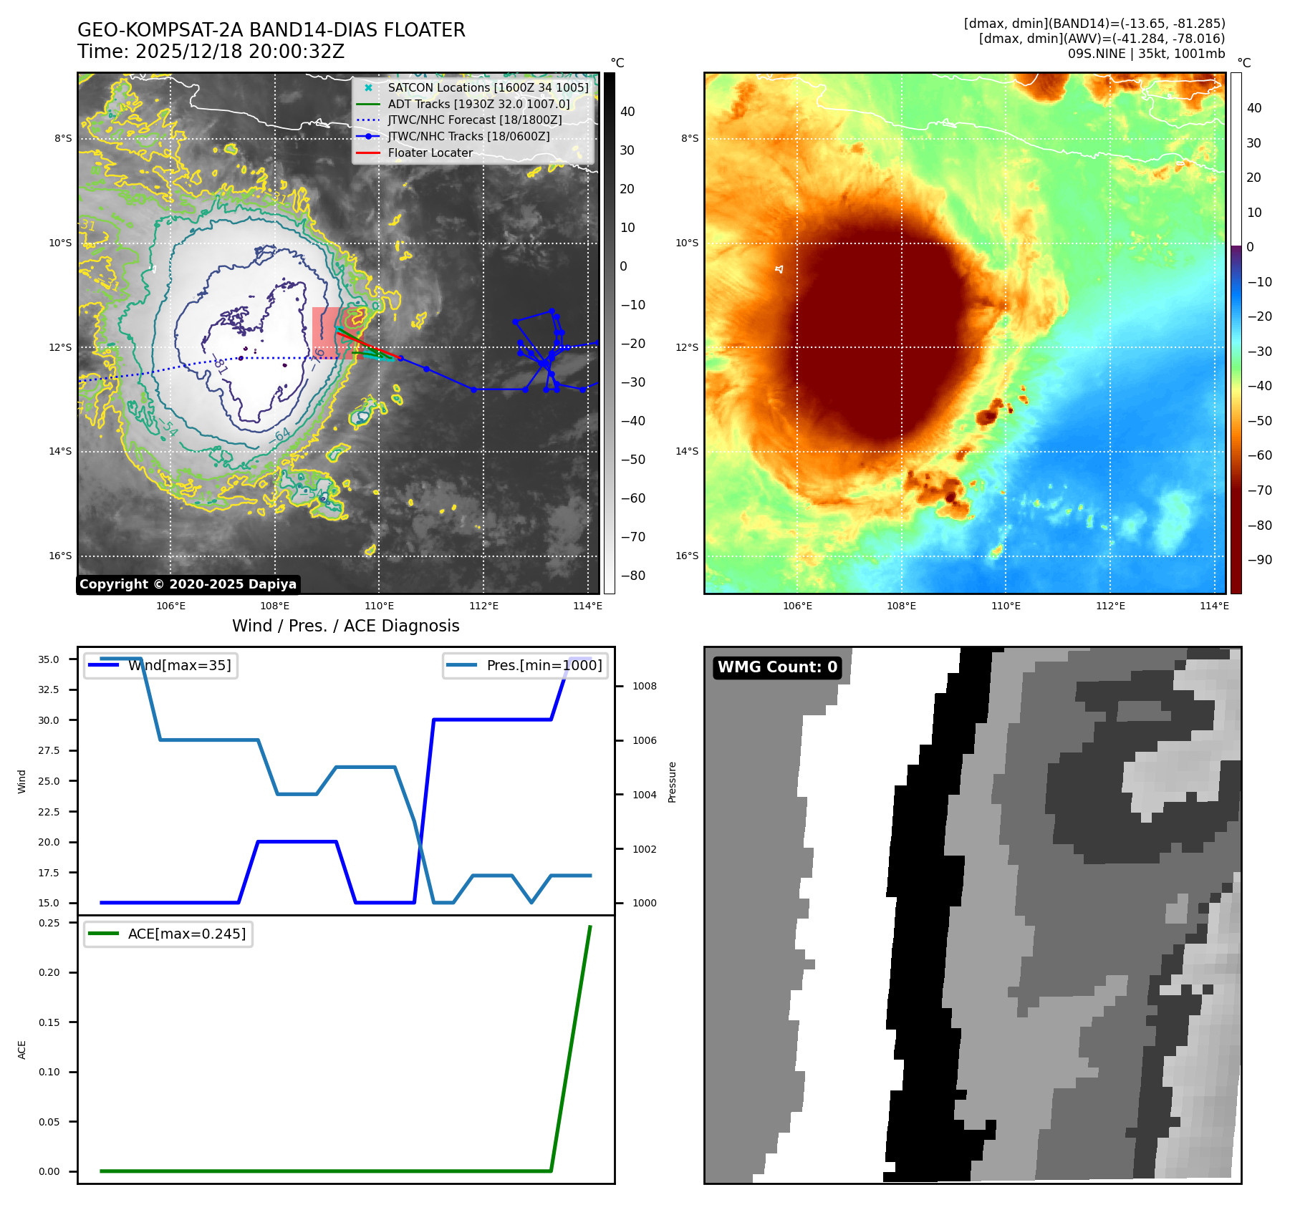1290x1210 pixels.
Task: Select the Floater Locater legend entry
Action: tap(430, 153)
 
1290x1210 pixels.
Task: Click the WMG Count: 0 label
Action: tap(777, 667)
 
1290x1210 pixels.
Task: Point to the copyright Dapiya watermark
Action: tap(188, 584)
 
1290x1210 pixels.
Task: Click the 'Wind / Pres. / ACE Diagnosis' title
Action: tap(345, 626)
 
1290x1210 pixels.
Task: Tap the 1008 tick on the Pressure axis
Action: tap(644, 687)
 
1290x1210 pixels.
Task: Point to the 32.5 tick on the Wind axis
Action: tap(49, 690)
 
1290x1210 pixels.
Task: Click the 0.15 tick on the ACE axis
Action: tap(49, 1023)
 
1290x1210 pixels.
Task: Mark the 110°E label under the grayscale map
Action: tap(379, 606)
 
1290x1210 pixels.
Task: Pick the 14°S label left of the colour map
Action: tap(687, 452)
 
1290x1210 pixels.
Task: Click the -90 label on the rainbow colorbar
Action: tap(1259, 561)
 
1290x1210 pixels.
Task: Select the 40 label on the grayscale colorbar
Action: tap(627, 112)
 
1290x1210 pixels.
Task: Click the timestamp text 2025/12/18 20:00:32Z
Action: tap(239, 52)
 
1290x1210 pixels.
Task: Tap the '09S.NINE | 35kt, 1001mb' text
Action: tap(1146, 54)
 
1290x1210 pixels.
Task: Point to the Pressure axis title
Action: tap(672, 782)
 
